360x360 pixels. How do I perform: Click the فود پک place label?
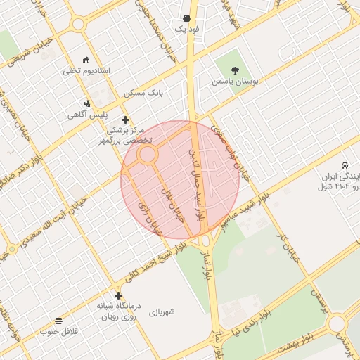[x=187, y=30]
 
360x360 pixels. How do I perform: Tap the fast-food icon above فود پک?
[x=186, y=19]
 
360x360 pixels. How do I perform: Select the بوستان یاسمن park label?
[x=235, y=82]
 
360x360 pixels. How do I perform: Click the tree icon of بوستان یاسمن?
[x=235, y=70]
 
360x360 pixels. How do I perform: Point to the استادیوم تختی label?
[x=87, y=70]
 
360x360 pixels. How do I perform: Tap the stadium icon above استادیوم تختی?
[x=86, y=59]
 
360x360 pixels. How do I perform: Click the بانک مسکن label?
[x=143, y=93]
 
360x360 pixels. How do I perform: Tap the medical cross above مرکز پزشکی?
[x=126, y=120]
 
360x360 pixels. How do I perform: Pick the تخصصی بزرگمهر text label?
[x=129, y=141]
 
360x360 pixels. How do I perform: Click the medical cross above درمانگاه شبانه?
[x=118, y=295]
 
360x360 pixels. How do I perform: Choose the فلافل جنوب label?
[x=58, y=331]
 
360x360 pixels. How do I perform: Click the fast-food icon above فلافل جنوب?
[x=58, y=321]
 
